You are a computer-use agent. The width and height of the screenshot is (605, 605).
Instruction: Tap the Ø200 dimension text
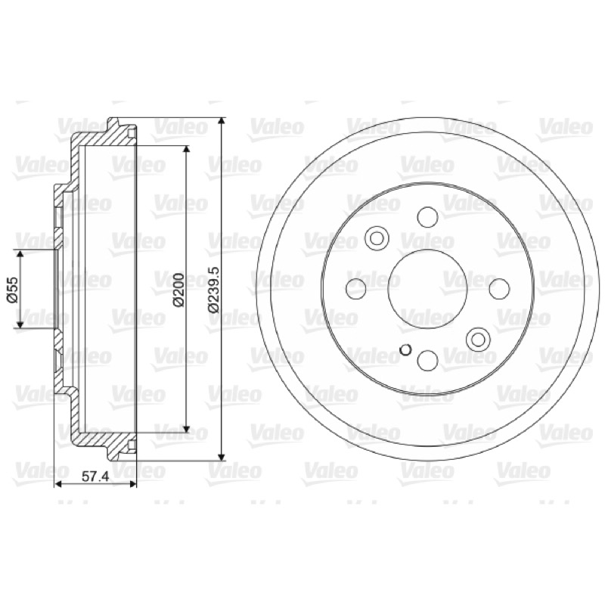(x=178, y=290)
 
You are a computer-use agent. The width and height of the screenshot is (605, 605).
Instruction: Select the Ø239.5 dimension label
(x=213, y=290)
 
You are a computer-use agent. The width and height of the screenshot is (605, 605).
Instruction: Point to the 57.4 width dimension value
(x=95, y=477)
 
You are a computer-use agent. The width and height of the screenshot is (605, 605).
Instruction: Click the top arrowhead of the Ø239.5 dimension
(x=221, y=122)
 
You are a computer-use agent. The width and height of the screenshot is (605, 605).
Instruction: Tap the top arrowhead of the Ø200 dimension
(x=187, y=150)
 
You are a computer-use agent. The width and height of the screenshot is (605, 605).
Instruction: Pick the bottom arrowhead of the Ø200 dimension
(x=187, y=429)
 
